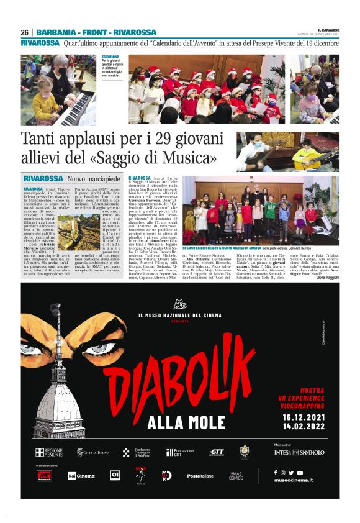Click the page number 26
click(x=25, y=32)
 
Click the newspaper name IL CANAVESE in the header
click(x=326, y=29)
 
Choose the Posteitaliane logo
click(x=199, y=476)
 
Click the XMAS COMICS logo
click(x=236, y=476)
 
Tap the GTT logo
click(x=217, y=452)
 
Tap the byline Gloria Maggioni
click(x=324, y=277)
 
